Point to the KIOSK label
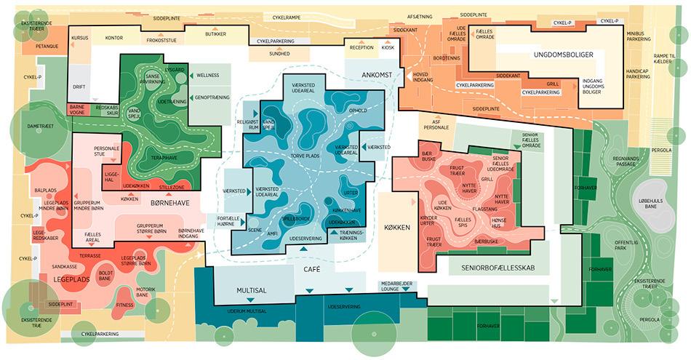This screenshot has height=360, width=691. [388, 47]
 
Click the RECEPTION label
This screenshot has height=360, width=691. [361, 47]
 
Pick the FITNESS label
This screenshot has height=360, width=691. [125, 305]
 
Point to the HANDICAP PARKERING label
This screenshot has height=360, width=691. [638, 73]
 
